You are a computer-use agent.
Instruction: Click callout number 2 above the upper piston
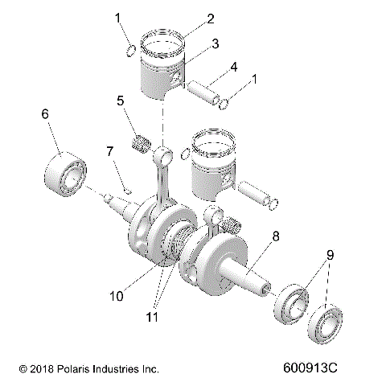pyautogui.click(x=187, y=17)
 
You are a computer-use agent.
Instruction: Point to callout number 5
pyautogui.click(x=120, y=101)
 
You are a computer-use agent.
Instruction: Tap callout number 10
pyautogui.click(x=117, y=296)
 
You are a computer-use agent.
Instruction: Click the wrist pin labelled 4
pyautogui.click(x=213, y=91)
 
